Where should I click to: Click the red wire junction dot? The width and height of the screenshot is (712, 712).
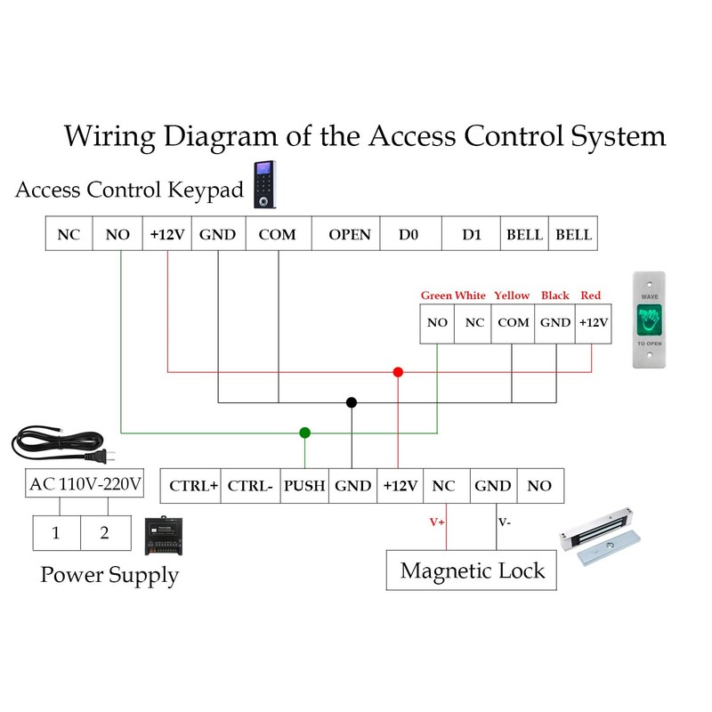pyautogui.click(x=398, y=372)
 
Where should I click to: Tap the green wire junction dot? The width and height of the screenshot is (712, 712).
pyautogui.click(x=305, y=433)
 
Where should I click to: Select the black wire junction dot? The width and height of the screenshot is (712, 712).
pyautogui.click(x=352, y=402)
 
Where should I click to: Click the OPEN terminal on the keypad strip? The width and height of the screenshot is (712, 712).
pyautogui.click(x=349, y=235)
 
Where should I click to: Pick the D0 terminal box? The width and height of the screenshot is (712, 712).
pyautogui.click(x=410, y=235)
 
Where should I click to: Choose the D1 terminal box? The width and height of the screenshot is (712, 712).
pyautogui.click(x=472, y=235)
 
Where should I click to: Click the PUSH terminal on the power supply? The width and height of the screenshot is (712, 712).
pyautogui.click(x=305, y=486)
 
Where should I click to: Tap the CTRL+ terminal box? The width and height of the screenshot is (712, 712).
pyautogui.click(x=190, y=486)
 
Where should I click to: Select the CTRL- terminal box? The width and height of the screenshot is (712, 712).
pyautogui.click(x=250, y=486)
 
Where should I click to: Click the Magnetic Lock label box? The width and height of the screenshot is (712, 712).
pyautogui.click(x=472, y=570)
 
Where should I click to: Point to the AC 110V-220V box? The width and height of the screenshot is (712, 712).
pyautogui.click(x=85, y=485)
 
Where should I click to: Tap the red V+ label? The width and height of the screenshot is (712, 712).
pyautogui.click(x=437, y=522)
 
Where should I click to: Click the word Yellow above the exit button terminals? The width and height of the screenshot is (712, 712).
pyautogui.click(x=512, y=295)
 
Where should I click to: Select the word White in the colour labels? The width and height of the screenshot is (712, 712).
pyautogui.click(x=470, y=295)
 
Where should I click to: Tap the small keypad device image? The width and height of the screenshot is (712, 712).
pyautogui.click(x=264, y=184)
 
